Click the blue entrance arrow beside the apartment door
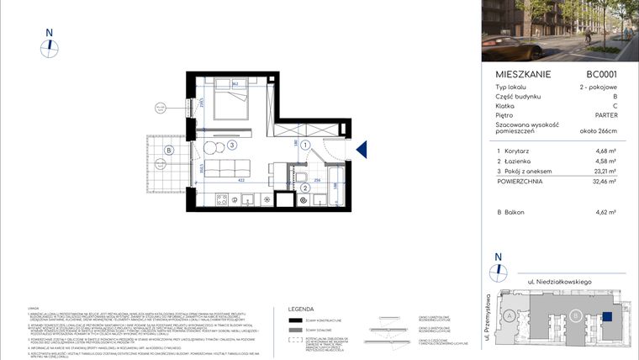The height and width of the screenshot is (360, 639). [362, 151]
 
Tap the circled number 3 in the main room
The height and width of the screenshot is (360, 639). [231, 145]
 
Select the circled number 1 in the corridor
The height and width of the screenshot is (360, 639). [306, 145]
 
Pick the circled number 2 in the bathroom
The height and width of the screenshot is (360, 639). [306, 188]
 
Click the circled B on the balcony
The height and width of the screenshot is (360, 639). [169, 151]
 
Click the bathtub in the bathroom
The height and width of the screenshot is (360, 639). [335, 187]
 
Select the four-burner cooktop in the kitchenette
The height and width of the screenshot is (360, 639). [224, 200]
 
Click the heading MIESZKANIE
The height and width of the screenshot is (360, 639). [523, 74]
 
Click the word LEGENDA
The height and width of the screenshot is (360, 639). [300, 309]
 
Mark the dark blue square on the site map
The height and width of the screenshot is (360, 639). [607, 316]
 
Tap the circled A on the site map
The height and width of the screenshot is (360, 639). [510, 315]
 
